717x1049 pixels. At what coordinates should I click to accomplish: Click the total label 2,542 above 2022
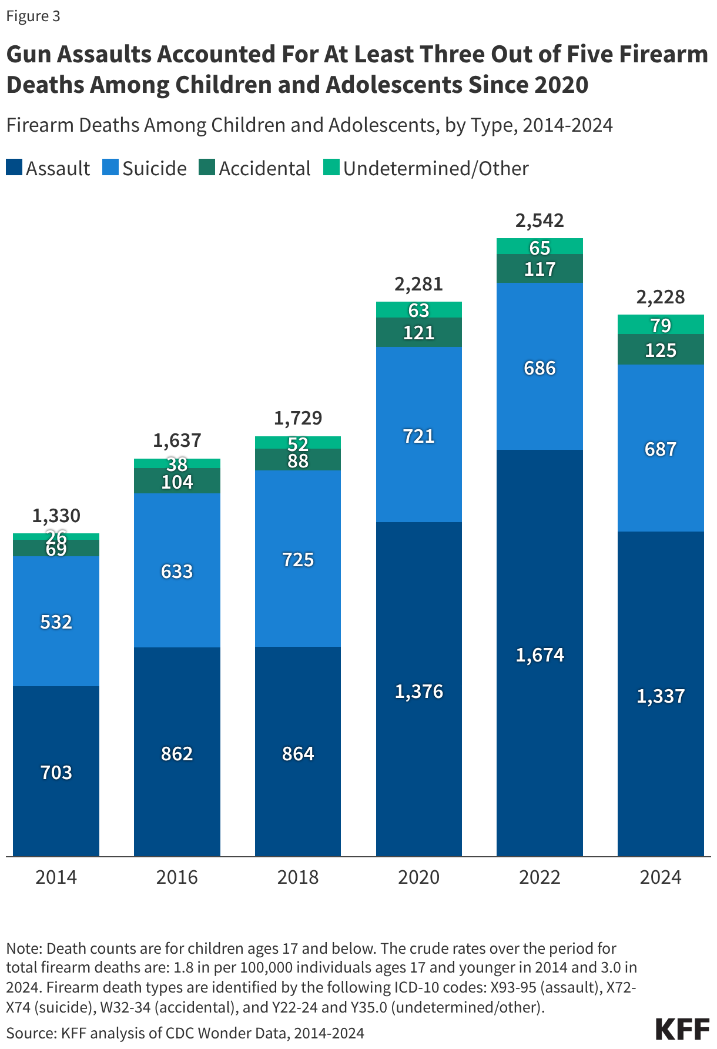click(540, 221)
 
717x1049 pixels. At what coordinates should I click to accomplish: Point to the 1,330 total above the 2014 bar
click(56, 516)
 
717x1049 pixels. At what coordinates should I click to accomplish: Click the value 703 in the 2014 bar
click(56, 772)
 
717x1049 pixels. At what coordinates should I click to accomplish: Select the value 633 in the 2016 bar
click(177, 571)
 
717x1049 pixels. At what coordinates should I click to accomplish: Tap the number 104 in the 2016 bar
click(177, 482)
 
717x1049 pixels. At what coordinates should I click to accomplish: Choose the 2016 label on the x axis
click(177, 877)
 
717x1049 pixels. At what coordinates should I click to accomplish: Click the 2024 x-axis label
click(661, 877)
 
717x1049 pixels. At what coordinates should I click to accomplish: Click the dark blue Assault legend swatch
click(14, 168)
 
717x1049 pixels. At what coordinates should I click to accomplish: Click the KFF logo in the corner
click(682, 1029)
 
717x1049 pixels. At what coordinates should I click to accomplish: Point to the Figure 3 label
click(33, 16)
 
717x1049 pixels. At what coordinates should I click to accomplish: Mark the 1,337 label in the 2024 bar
click(661, 696)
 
